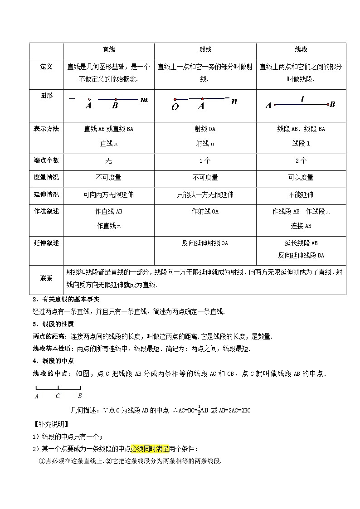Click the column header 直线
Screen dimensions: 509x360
[x=109, y=49]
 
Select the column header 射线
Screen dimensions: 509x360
[x=205, y=49]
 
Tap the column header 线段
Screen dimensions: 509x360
[x=301, y=49]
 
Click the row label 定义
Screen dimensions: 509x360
[x=46, y=67]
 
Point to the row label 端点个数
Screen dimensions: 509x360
[x=46, y=160]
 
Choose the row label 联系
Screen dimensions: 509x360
[x=46, y=278]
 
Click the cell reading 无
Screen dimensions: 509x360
[x=109, y=161]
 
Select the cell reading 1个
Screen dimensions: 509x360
[x=205, y=161]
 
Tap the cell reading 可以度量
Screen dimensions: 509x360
[x=301, y=178]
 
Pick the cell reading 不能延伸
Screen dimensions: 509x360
[x=301, y=195]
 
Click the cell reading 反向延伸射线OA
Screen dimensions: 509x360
[x=205, y=243]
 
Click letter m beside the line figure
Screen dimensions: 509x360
[x=144, y=99]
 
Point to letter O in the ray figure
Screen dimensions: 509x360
[x=175, y=107]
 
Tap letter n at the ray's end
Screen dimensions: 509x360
[x=234, y=101]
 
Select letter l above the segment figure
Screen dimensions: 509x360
[x=302, y=98]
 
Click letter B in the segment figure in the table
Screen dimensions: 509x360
[x=332, y=105]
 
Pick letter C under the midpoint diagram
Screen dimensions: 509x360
[x=58, y=396]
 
